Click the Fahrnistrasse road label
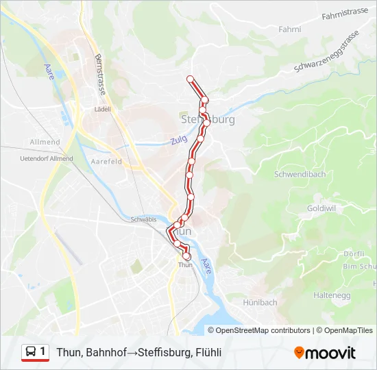click(x=345, y=11)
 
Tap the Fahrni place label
click(x=290, y=29)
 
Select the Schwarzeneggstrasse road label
click(x=326, y=52)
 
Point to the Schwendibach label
click(x=300, y=174)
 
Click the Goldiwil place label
click(x=321, y=207)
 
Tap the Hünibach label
click(x=260, y=302)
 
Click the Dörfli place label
click(x=354, y=254)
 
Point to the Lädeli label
click(x=104, y=108)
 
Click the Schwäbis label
click(x=143, y=219)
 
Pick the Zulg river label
click(x=178, y=141)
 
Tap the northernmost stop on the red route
click(x=191, y=79)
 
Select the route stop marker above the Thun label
click(x=186, y=256)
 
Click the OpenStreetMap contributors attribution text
click(x=263, y=330)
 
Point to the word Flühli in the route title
click(x=207, y=353)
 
